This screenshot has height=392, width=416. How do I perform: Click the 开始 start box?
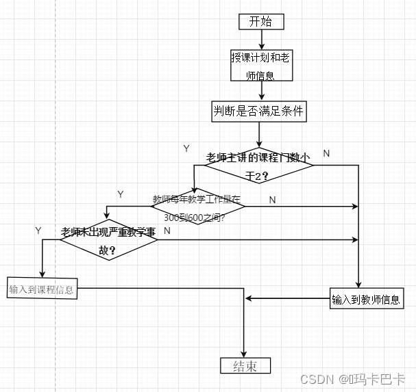tap(260, 21)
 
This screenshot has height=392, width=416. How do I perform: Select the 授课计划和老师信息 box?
tap(260, 66)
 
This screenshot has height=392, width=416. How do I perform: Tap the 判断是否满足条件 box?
tap(258, 112)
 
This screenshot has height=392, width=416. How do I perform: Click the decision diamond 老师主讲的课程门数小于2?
tap(258, 166)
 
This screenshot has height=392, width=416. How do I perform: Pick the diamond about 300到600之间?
tap(197, 208)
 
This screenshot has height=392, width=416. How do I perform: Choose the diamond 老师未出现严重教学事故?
tap(108, 241)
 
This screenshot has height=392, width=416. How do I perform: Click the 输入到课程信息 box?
tap(42, 289)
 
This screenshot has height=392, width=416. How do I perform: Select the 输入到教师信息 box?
tap(366, 299)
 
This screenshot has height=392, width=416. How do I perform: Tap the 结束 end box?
tap(245, 365)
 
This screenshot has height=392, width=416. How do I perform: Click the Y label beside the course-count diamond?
tap(186, 148)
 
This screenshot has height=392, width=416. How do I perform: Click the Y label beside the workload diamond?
tap(121, 194)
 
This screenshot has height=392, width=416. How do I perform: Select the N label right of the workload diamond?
tap(272, 200)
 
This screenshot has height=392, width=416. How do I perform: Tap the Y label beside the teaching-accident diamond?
tap(38, 231)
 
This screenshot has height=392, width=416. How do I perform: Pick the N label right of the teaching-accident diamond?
tap(167, 231)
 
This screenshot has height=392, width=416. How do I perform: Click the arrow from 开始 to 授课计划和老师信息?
tap(260, 39)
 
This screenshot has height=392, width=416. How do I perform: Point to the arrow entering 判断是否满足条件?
tap(260, 94)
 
